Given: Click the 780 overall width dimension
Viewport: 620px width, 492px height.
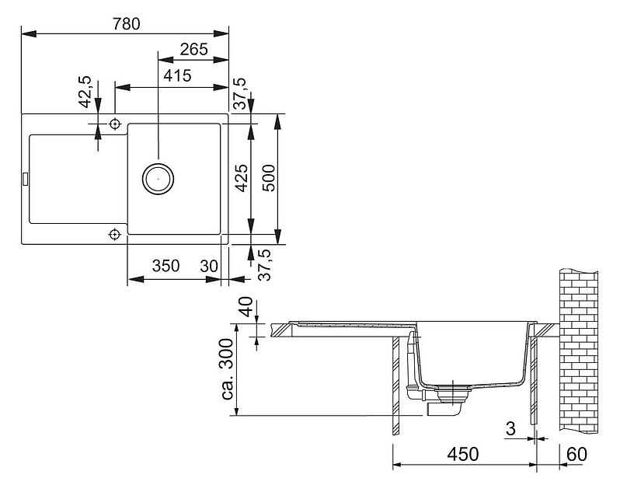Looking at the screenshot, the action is point(126,24).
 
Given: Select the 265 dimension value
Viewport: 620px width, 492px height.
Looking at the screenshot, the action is point(193,50).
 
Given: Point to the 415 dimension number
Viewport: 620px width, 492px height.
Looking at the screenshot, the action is point(178,75).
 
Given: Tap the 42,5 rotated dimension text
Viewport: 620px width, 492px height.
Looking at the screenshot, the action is point(85,92).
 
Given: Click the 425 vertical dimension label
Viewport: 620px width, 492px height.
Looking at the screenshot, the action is point(242,178).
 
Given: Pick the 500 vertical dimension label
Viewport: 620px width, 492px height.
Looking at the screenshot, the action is point(269,178).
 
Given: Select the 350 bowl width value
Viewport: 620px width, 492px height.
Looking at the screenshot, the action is point(165,266).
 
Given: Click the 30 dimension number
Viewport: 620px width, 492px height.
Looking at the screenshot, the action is point(209,266).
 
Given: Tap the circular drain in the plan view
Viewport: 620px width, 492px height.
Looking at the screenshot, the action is point(158,179).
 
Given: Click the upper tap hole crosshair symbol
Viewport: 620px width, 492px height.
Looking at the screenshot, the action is point(115,124).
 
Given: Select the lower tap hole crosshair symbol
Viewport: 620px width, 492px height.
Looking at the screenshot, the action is point(115,235).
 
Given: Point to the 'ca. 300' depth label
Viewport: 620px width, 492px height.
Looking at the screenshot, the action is point(228,368).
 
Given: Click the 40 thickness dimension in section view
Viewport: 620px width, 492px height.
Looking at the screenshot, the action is point(246,306).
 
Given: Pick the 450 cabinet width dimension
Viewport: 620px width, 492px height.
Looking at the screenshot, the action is point(463,454).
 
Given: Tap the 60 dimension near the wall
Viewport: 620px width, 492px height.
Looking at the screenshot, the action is point(577,454).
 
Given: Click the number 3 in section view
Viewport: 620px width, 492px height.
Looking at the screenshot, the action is point(511,428).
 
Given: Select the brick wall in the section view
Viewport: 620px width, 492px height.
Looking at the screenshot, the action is point(579,351).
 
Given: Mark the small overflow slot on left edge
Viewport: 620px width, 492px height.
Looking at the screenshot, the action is point(26,179).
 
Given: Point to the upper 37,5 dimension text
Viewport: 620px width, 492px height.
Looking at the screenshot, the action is point(239,93).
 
